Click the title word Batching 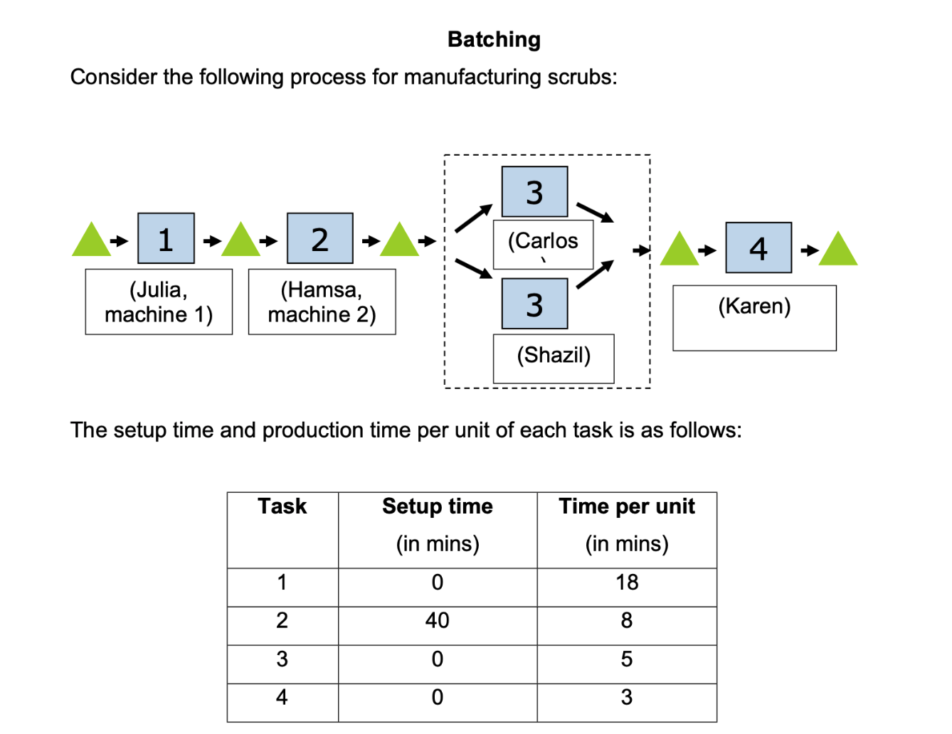click(x=494, y=40)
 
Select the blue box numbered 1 click(x=166, y=238)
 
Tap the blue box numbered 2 click(x=319, y=238)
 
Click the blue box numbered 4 click(x=758, y=248)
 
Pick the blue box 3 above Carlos click(x=534, y=192)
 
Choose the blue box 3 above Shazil click(x=534, y=304)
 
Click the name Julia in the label click(x=161, y=289)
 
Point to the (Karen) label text click(x=754, y=307)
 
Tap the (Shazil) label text click(x=554, y=355)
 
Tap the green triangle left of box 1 click(x=92, y=242)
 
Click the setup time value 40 click(x=437, y=621)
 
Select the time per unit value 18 click(x=627, y=583)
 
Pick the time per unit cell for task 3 click(x=627, y=659)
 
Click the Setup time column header click(x=437, y=506)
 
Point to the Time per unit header click(x=627, y=506)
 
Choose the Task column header click(x=282, y=506)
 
